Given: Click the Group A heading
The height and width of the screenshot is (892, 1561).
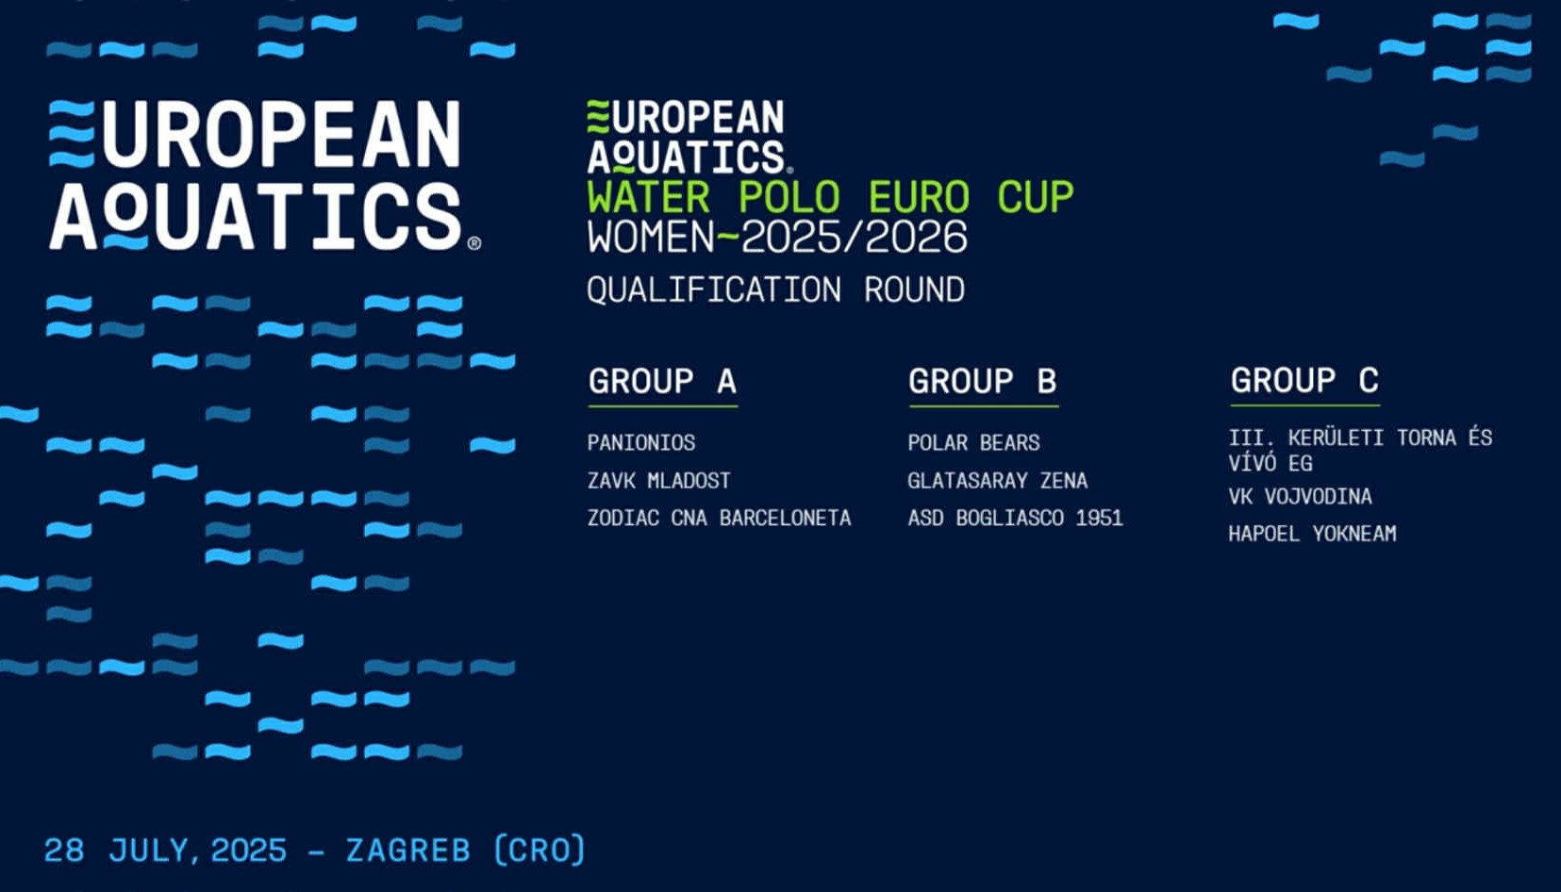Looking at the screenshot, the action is pos(662,381).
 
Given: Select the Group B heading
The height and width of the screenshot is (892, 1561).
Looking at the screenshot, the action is pos(983,381).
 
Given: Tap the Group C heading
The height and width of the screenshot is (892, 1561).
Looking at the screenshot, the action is pos(1304,380).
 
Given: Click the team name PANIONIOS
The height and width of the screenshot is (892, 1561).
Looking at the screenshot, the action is pos(641,442).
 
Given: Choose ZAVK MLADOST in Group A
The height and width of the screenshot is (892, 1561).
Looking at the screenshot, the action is pos(658,480).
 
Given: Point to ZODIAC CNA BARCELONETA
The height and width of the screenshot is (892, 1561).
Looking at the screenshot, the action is pos(719,518).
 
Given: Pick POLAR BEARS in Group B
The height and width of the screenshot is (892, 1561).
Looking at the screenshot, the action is pos(973,442).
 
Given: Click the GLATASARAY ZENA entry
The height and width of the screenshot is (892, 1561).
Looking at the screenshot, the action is pos(997,480).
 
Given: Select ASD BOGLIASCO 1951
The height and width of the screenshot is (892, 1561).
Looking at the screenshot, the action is pos(1015,518).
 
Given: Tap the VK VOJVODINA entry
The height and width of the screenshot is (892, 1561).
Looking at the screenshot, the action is pos(1300,496).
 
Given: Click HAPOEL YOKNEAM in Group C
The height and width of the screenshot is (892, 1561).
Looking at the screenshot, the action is pos(1312,534).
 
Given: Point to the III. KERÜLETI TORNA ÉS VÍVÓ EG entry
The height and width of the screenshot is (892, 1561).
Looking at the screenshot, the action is pos(1359,450).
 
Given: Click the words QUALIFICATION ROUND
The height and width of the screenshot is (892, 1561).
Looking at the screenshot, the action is pos(775,289).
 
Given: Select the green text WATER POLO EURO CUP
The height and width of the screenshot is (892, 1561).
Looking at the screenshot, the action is pos(830,196).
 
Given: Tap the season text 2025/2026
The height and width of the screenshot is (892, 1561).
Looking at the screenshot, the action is pos(854,237).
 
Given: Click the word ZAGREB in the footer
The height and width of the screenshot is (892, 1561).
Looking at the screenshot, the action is pos(408,851).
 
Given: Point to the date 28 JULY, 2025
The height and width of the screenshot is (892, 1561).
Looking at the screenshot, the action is pos(165,851).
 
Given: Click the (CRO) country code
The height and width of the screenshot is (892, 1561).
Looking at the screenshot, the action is pos(540,850).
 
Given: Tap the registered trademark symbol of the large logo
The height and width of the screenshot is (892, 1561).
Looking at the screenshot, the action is pos(473,242).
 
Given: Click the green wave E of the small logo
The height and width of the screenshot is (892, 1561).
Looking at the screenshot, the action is pos(598,116).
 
